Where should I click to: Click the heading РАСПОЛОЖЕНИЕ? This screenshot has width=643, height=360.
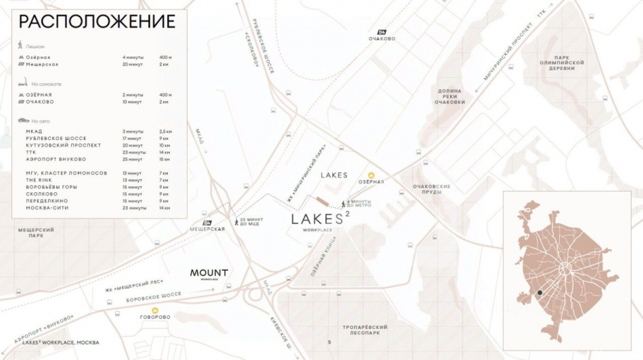click(x=97, y=22)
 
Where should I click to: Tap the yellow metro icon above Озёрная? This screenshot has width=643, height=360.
click(x=371, y=175)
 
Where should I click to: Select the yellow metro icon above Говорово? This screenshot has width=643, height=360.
click(x=154, y=310)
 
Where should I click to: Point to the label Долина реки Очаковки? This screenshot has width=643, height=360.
click(x=448, y=97)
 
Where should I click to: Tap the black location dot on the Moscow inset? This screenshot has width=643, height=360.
click(x=539, y=292)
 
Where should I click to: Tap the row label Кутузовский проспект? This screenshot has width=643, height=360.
click(x=64, y=145)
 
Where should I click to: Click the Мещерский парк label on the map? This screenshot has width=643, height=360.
click(x=36, y=233)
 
